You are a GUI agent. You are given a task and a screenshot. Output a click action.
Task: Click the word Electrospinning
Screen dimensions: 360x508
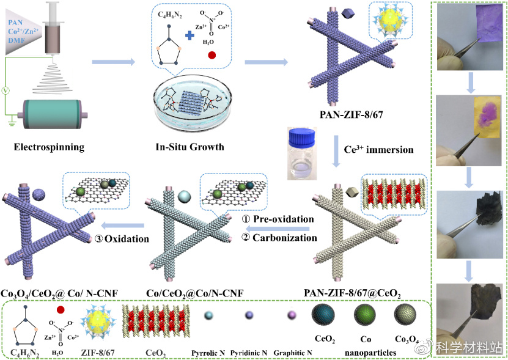(x=48, y=147)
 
